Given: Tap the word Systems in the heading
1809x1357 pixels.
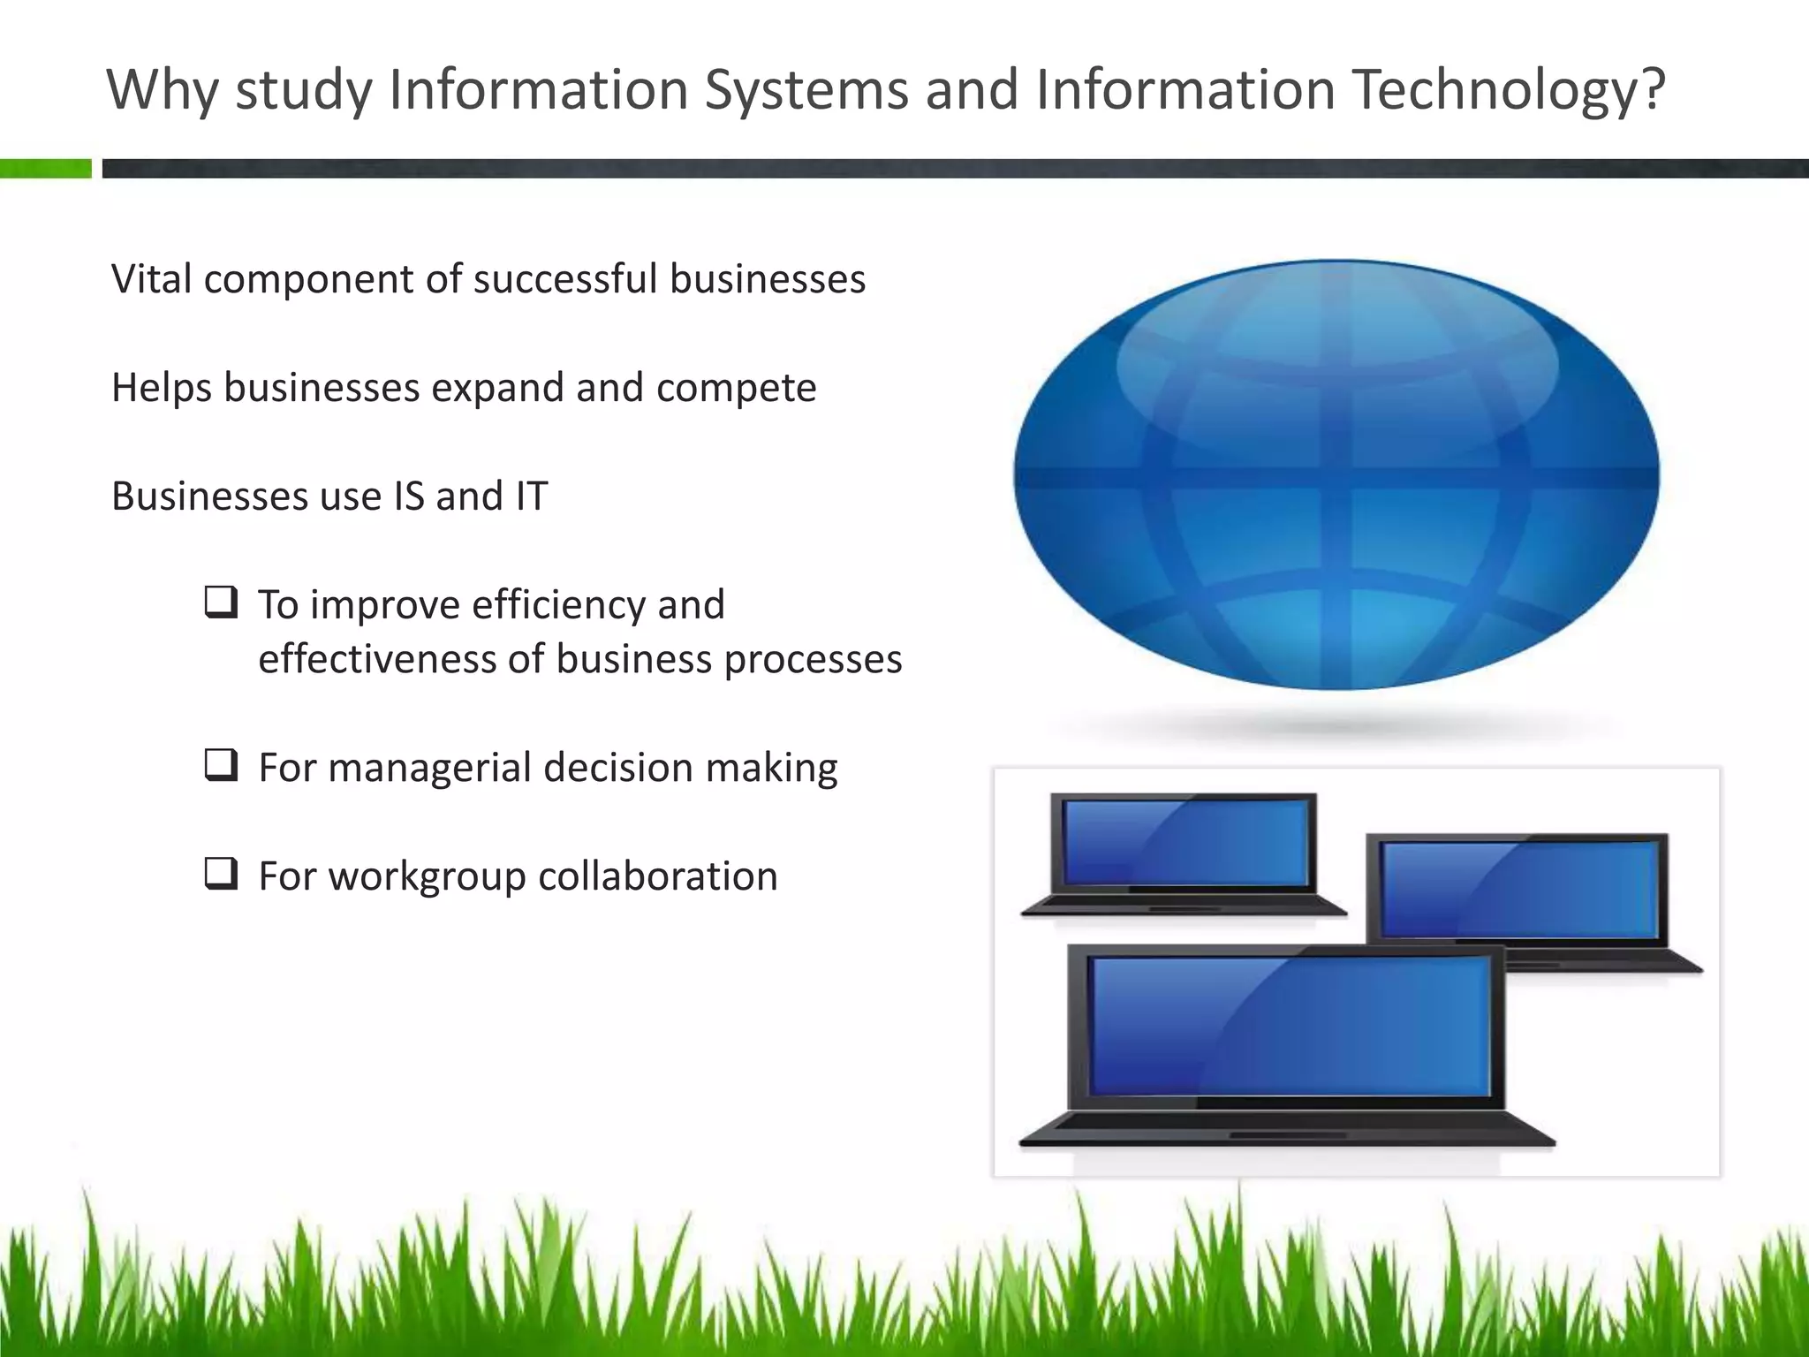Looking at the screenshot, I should [806, 90].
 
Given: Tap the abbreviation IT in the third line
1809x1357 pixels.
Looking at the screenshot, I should [531, 497].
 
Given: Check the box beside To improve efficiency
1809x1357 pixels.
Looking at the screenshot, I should [221, 603].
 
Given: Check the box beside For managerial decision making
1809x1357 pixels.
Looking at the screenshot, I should [221, 765].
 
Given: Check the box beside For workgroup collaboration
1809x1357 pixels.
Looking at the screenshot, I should [221, 874].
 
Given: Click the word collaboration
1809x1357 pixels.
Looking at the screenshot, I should [657, 876].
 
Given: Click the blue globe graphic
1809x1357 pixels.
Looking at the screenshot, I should [1336, 474].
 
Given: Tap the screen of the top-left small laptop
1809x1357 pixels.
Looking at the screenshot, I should [1185, 842].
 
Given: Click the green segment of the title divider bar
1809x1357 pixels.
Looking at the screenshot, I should [45, 169].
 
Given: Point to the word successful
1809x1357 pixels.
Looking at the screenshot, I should [565, 279].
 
